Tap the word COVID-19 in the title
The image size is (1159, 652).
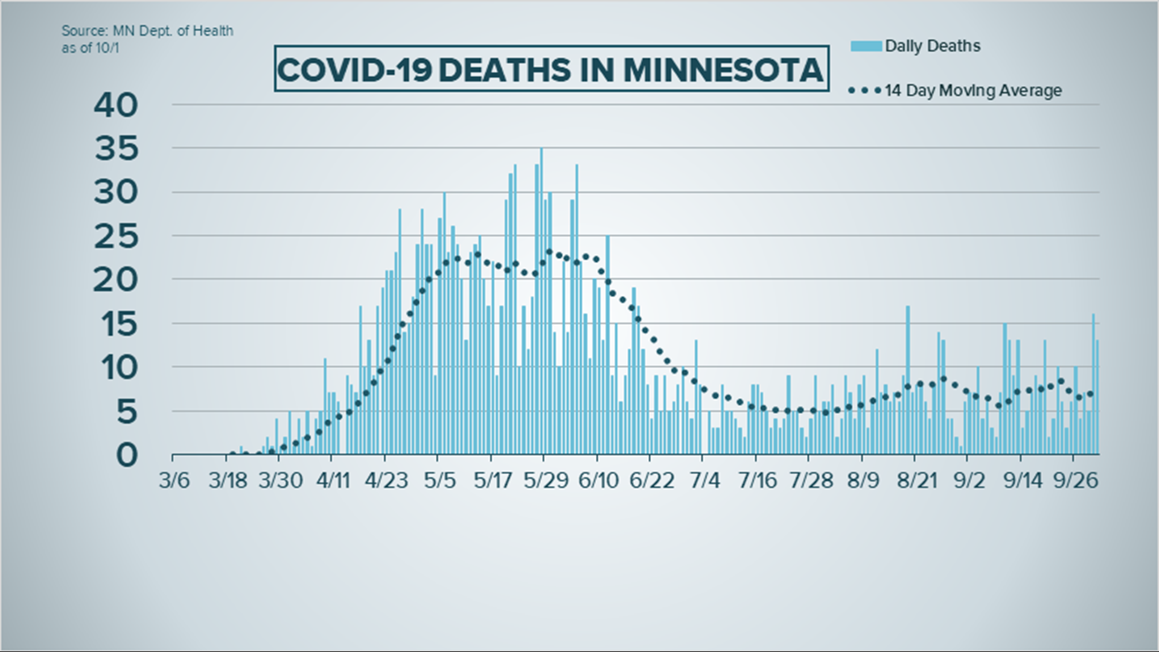pyautogui.click(x=354, y=70)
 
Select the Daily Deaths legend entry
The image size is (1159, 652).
pyautogui.click(x=932, y=46)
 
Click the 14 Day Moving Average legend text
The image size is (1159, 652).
pyautogui.click(x=973, y=91)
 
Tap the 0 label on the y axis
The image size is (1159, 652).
pyautogui.click(x=127, y=455)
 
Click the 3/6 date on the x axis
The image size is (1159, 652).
pyautogui.click(x=174, y=481)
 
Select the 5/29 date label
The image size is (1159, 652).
pyautogui.click(x=546, y=481)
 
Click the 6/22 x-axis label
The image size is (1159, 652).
pyautogui.click(x=651, y=481)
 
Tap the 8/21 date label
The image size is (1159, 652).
pyautogui.click(x=916, y=481)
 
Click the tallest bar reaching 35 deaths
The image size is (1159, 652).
pyautogui.click(x=541, y=302)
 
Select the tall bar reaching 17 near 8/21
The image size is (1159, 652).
pyautogui.click(x=907, y=380)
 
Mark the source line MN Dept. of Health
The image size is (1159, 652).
pyautogui.click(x=147, y=31)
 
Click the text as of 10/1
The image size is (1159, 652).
pyautogui.click(x=90, y=48)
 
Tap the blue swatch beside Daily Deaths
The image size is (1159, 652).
pyautogui.click(x=866, y=46)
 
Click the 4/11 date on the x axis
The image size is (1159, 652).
pyautogui.click(x=333, y=481)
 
